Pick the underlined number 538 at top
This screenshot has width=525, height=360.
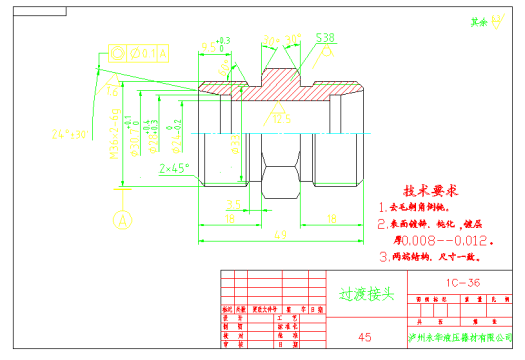(x=325, y=38)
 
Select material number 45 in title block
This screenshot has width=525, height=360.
(x=365, y=337)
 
